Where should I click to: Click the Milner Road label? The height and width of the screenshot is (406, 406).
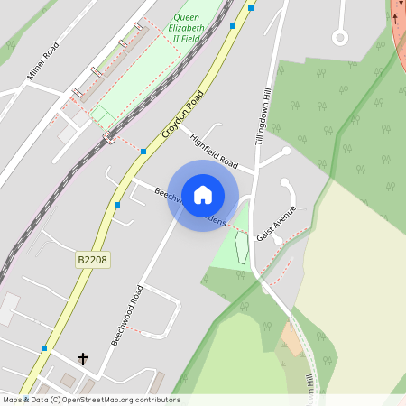click(42, 61)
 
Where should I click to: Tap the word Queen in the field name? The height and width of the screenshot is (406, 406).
click(187, 17)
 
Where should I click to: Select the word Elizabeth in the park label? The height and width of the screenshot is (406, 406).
click(187, 28)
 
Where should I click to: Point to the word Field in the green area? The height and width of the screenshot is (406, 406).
click(189, 39)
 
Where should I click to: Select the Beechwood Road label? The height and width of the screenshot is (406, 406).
click(127, 315)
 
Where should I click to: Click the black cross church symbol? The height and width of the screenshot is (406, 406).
click(83, 359)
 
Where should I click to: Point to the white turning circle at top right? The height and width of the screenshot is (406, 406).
click(339, 37)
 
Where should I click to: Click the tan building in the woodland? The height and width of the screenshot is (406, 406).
click(291, 339)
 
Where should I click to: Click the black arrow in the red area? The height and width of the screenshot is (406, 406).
click(394, 19)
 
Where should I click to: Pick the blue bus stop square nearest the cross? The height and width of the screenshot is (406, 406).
click(43, 347)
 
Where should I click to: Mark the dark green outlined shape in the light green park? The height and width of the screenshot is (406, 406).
click(241, 246)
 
